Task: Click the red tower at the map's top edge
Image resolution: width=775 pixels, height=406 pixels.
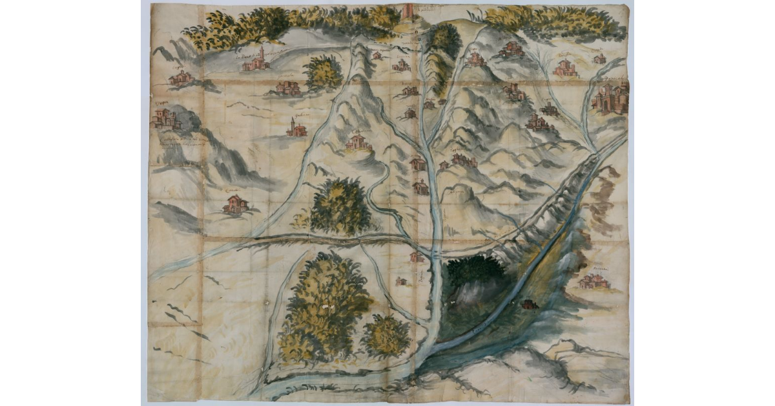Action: coord(408,11)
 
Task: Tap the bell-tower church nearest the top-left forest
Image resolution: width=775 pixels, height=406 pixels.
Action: coord(256,61)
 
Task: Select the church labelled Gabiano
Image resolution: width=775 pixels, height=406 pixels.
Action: coord(296,129)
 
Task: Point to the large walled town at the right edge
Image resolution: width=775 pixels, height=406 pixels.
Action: coord(610,98)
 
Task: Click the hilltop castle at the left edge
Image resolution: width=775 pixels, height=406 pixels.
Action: coord(165,118)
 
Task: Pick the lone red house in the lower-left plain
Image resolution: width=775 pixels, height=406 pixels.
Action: coord(235,204)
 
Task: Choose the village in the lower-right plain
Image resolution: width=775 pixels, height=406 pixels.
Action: coord(595,281)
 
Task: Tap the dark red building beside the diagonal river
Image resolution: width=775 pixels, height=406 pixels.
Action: coord(528,304)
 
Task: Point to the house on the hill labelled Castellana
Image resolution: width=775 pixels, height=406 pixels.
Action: coord(358,144)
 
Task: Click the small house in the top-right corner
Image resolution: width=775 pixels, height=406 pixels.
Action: coord(599,59)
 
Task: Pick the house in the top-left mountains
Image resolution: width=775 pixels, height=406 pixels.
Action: coord(180,78)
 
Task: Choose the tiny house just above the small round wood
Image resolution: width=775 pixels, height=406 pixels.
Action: coord(402,281)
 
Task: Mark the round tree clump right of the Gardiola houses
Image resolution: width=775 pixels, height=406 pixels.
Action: coord(323,72)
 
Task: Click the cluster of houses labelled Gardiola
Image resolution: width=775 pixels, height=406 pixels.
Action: coord(287,87)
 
